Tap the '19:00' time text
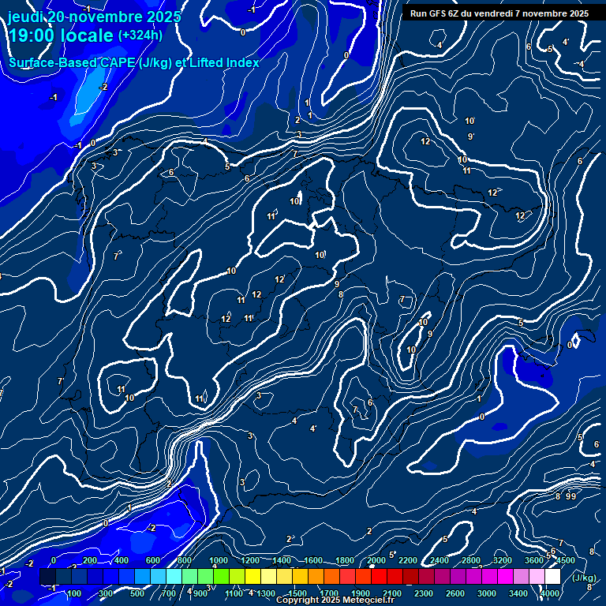pyautogui.click(x=32, y=36)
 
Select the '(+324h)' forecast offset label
pyautogui.click(x=140, y=35)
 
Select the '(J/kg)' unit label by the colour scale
pyautogui.click(x=585, y=578)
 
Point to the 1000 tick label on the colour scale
pyautogui.click(x=219, y=560)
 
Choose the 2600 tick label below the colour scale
pyautogui.click(x=455, y=593)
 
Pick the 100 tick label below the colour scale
pyautogui.click(x=74, y=593)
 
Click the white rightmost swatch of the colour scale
pyautogui.click(x=552, y=577)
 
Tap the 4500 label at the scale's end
pyautogui.click(x=565, y=560)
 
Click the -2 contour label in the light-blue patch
pyautogui.click(x=103, y=87)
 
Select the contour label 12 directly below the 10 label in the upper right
pyautogui.click(x=425, y=141)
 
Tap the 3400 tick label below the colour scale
pyautogui.click(x=518, y=593)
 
